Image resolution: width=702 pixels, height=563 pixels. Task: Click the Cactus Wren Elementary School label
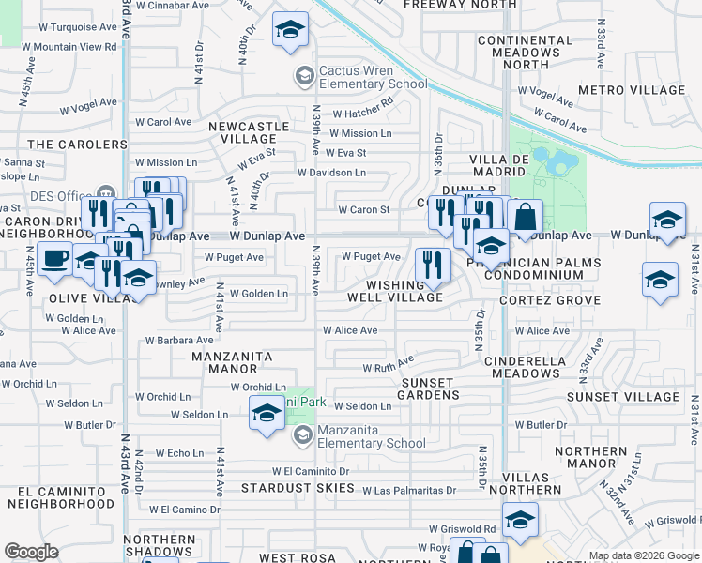[373, 77]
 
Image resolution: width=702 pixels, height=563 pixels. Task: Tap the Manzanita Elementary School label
[372, 437]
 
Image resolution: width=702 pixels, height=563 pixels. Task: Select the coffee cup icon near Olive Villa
[55, 258]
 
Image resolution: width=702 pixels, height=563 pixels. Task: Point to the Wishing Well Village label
[404, 291]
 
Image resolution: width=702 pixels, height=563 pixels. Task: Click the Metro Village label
[632, 90]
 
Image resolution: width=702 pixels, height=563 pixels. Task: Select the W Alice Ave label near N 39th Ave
[350, 330]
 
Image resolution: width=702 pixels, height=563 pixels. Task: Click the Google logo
[31, 552]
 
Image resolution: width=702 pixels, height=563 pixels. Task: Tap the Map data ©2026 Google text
[643, 556]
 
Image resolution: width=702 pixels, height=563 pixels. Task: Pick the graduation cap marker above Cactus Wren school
[291, 30]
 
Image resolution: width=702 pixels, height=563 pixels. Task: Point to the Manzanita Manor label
[232, 362]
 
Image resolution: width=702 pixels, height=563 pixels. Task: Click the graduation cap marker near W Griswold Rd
[520, 519]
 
